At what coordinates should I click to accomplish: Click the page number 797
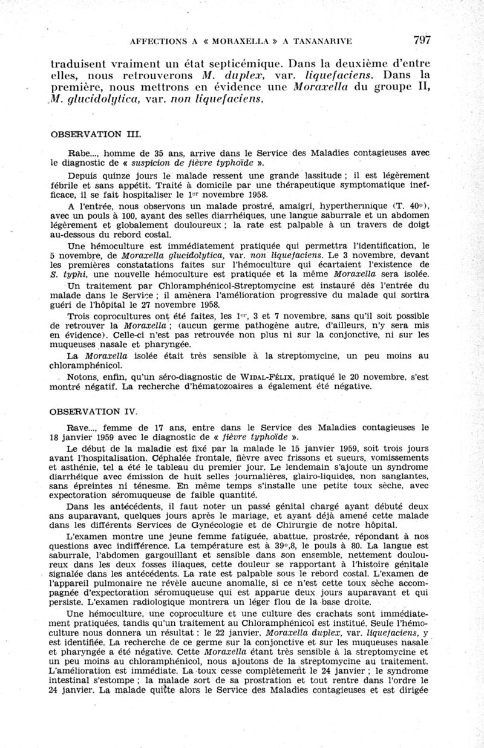[422, 41]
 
